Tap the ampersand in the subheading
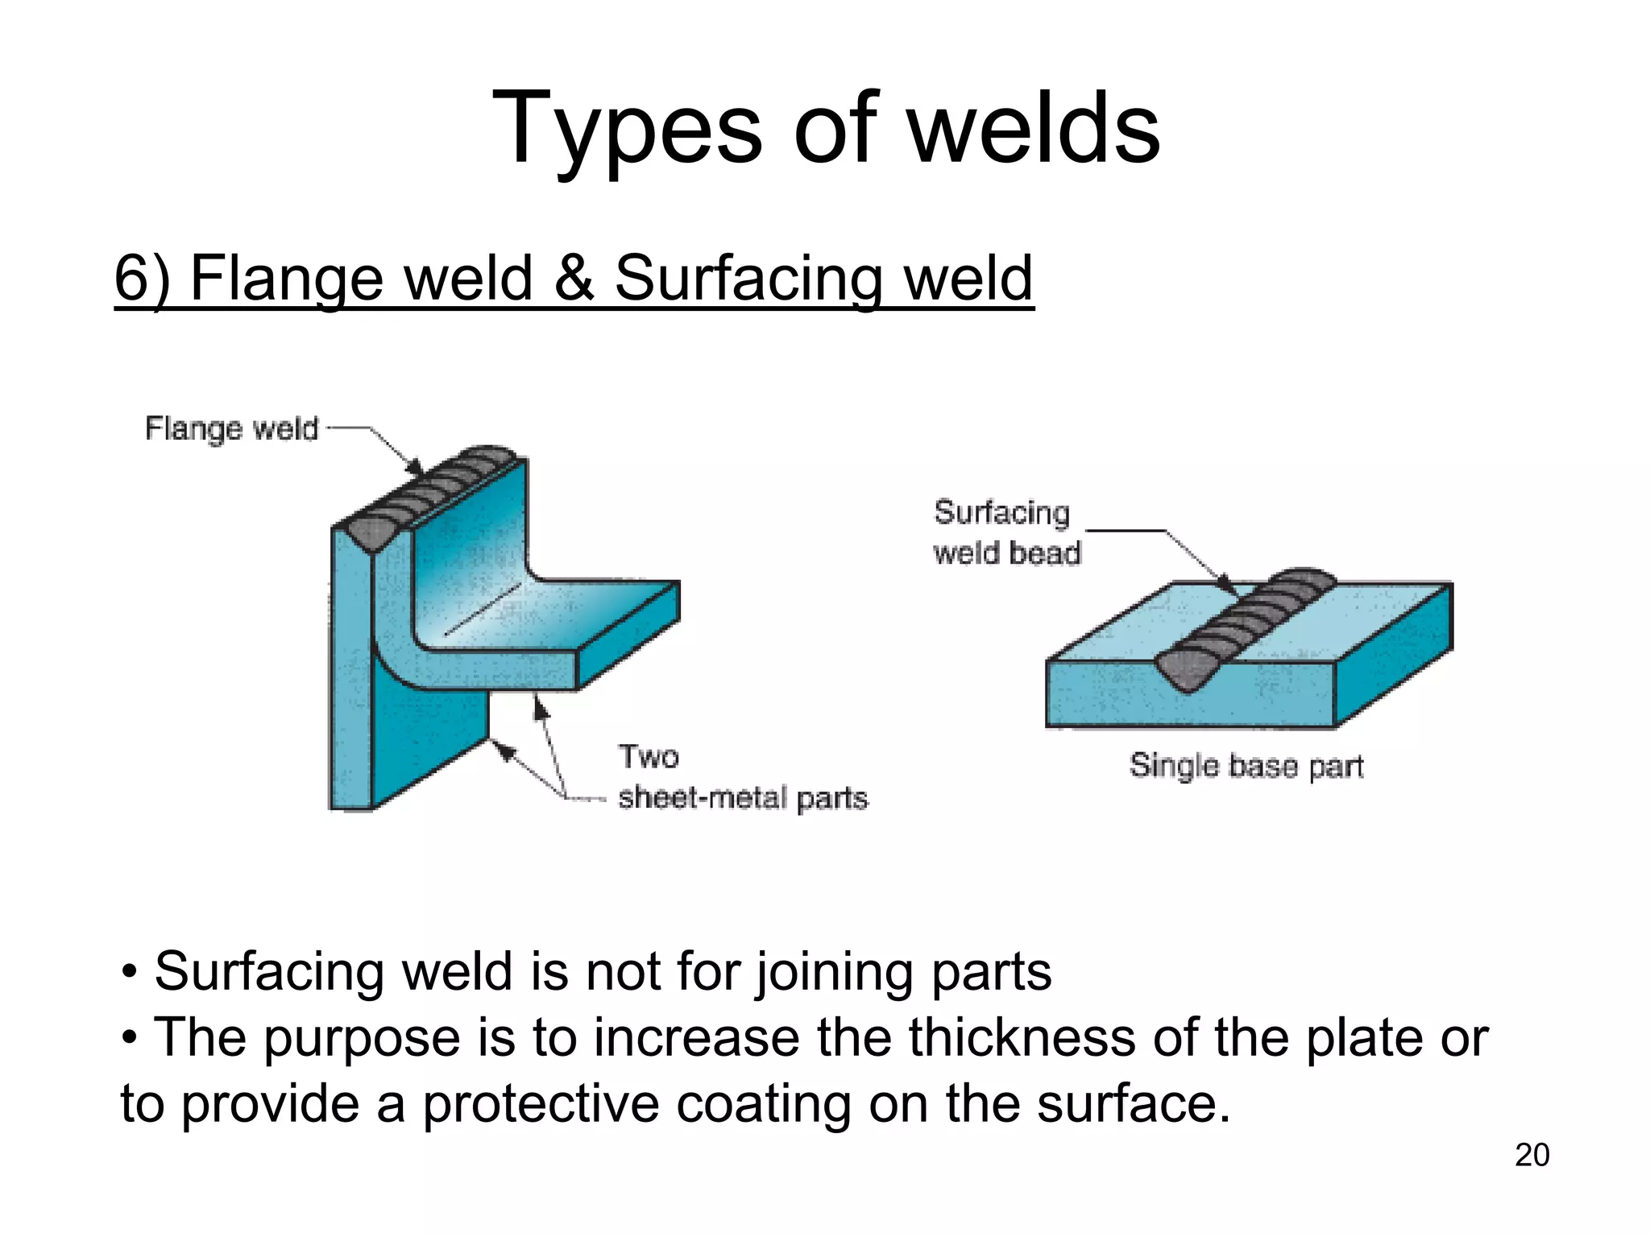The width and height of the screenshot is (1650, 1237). click(573, 278)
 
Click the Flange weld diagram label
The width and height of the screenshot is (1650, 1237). click(231, 428)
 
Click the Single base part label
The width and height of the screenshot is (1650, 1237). click(1246, 765)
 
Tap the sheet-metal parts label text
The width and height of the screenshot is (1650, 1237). click(743, 798)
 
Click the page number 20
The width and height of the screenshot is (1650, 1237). click(1532, 1155)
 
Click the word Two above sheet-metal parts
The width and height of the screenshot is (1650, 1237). click(649, 757)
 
